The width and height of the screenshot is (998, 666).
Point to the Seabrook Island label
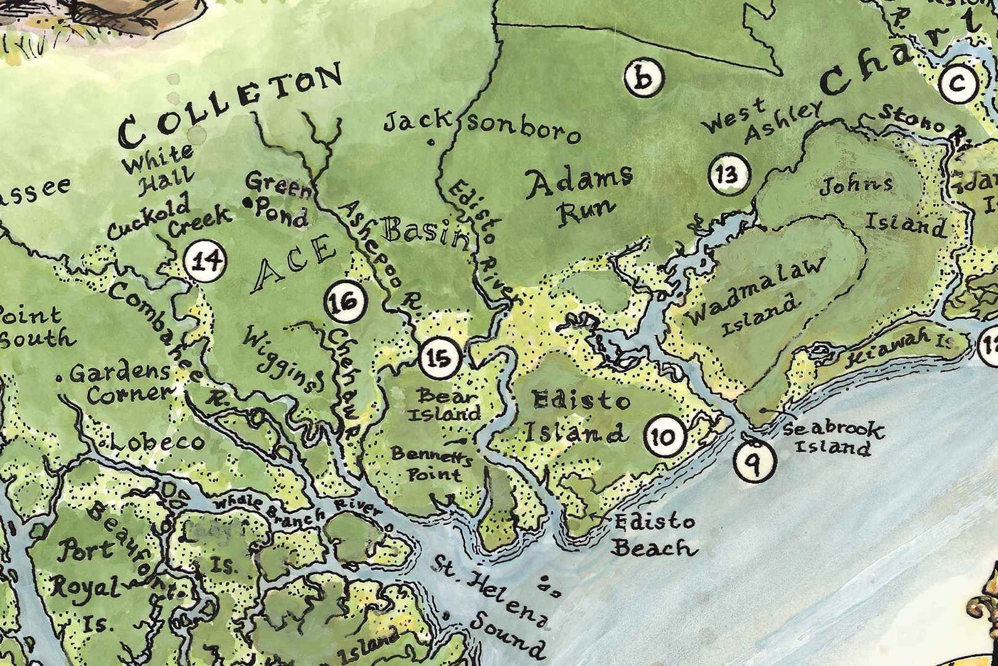pyautogui.click(x=833, y=438)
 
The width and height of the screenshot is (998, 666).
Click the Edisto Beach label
pyautogui.click(x=654, y=535)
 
